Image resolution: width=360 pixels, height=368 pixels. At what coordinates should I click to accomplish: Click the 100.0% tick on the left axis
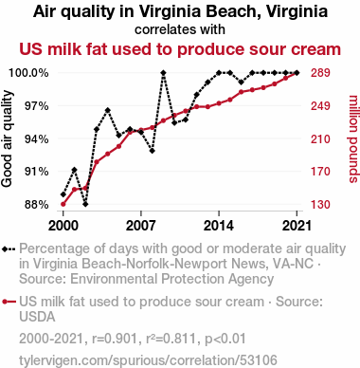pyautogui.click(x=28, y=73)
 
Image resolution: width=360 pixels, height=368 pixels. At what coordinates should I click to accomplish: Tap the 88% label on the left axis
pyautogui.click(x=37, y=205)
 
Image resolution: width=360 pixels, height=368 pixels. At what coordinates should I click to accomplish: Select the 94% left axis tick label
pyautogui.click(x=37, y=138)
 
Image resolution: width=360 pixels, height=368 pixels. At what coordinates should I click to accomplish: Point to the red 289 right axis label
pyautogui.click(x=320, y=73)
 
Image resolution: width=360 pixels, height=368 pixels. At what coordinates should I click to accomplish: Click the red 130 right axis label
pyautogui.click(x=320, y=205)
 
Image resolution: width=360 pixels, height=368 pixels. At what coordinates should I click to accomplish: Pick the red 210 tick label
pyautogui.click(x=320, y=138)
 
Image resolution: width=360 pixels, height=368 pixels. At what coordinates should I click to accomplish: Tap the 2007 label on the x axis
pyautogui.click(x=141, y=226)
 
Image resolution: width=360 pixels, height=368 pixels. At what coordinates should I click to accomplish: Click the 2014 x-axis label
pyautogui.click(x=219, y=226)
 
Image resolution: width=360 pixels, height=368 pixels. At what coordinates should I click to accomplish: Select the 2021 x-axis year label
pyautogui.click(x=297, y=226)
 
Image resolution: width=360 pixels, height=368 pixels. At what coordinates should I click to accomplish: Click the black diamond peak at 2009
pyautogui.click(x=163, y=73)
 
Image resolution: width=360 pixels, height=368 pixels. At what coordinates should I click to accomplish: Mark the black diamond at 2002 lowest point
pyautogui.click(x=85, y=204)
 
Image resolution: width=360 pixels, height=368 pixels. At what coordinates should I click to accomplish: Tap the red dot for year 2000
pyautogui.click(x=63, y=204)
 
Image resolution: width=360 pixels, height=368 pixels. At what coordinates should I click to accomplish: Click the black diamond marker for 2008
pyautogui.click(x=153, y=151)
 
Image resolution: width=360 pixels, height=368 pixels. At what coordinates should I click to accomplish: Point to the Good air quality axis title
pyautogui.click(x=7, y=138)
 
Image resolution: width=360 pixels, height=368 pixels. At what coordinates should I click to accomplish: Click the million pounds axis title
pyautogui.click(x=353, y=138)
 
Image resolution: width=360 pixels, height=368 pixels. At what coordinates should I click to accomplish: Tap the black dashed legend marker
pyautogui.click(x=9, y=249)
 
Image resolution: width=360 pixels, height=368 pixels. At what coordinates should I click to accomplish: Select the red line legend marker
pyautogui.click(x=9, y=302)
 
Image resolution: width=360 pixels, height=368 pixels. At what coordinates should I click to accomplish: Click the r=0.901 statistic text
pyautogui.click(x=115, y=339)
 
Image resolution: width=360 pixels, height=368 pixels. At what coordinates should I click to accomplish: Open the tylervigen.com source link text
pyautogui.click(x=148, y=360)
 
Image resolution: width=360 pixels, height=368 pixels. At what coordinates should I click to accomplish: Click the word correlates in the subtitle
pyautogui.click(x=160, y=29)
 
